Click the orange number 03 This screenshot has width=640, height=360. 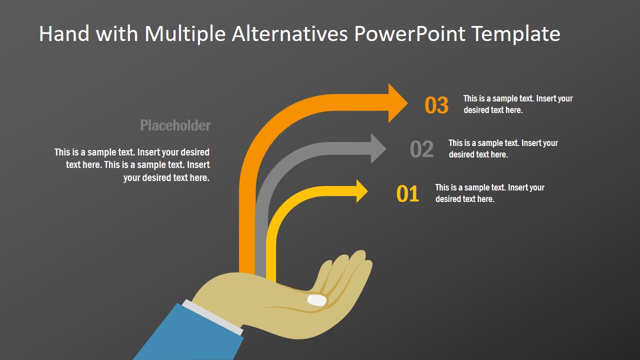[436, 105]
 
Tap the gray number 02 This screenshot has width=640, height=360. [421, 149]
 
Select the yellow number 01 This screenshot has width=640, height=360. [407, 194]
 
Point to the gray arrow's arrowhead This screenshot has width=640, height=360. [378, 148]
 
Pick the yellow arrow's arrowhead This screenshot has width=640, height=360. [361, 191]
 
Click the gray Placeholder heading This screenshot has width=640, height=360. [175, 125]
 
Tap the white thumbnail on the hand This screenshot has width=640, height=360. [317, 300]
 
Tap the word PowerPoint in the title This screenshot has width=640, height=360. [409, 34]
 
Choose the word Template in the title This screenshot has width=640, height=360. [515, 34]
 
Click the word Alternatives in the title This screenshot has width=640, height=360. [290, 34]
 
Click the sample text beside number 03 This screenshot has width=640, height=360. [517, 104]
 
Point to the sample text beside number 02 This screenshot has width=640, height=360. [502, 148]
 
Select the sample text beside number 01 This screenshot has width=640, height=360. [489, 193]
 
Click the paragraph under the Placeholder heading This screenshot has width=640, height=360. [132, 164]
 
